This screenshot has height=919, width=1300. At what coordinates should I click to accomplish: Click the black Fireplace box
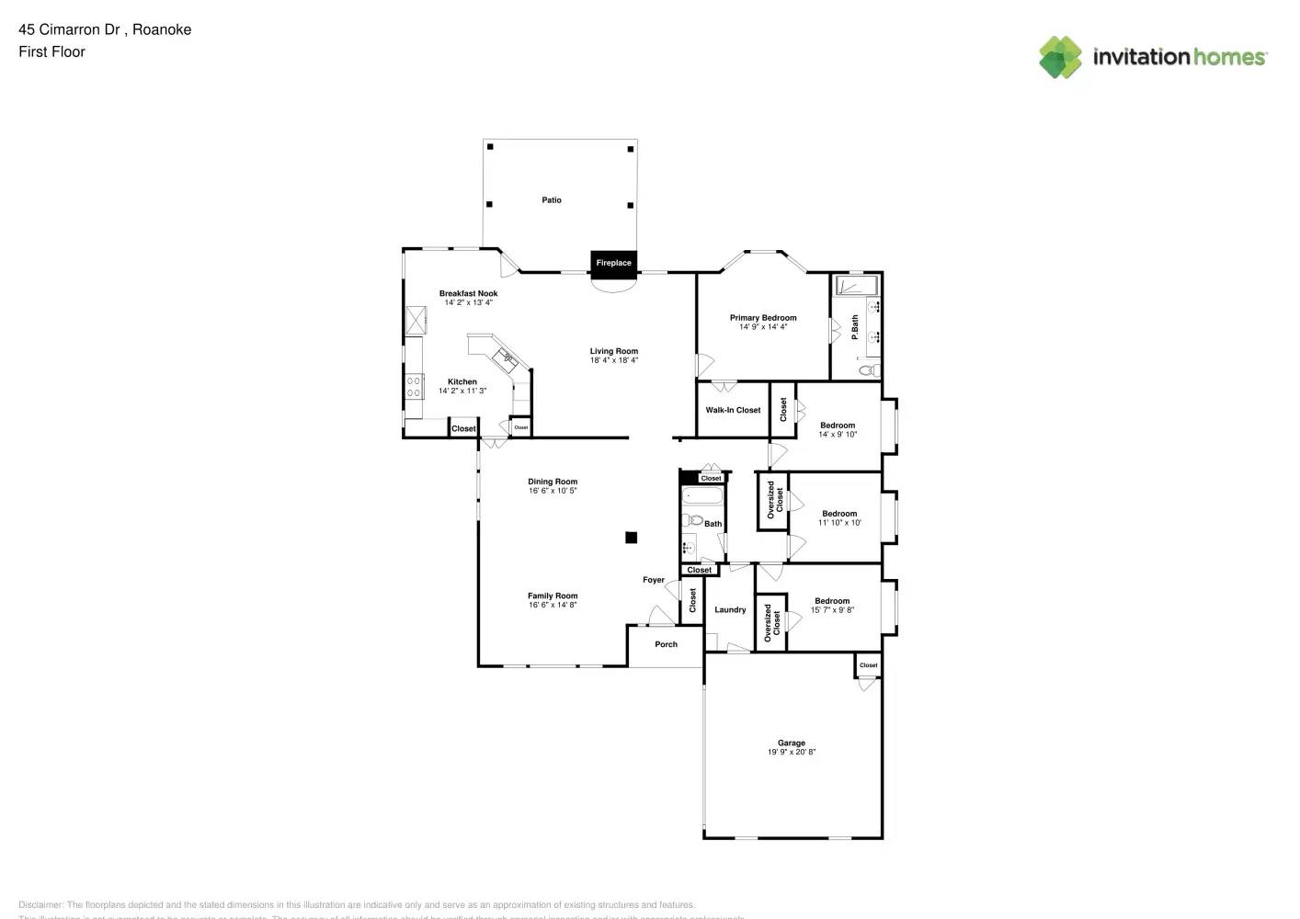pyautogui.click(x=613, y=263)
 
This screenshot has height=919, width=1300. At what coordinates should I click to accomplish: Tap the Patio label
pyautogui.click(x=552, y=199)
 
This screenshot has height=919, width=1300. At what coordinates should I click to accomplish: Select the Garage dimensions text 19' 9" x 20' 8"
pyautogui.click(x=792, y=752)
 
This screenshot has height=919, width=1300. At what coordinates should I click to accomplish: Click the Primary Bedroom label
pyautogui.click(x=763, y=318)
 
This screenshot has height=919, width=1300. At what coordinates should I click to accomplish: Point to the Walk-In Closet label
pyautogui.click(x=733, y=410)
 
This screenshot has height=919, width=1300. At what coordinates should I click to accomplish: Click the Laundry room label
pyautogui.click(x=730, y=609)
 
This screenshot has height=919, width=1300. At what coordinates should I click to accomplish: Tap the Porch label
pyautogui.click(x=666, y=644)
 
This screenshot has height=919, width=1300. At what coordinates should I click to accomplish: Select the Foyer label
pyautogui.click(x=654, y=580)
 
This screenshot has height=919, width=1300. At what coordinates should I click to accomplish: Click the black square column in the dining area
pyautogui.click(x=631, y=538)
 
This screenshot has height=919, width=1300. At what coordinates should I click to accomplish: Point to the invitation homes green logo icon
pyautogui.click(x=1060, y=57)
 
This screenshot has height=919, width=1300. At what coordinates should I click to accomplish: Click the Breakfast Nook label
pyautogui.click(x=468, y=293)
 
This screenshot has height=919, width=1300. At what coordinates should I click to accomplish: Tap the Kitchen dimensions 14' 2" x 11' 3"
pyautogui.click(x=462, y=391)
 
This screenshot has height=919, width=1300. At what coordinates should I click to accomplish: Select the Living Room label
pyautogui.click(x=614, y=351)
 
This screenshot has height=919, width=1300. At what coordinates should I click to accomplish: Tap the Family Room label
pyautogui.click(x=553, y=596)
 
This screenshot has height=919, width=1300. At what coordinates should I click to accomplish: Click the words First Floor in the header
pyautogui.click(x=51, y=51)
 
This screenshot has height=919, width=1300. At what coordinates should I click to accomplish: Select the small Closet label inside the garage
pyautogui.click(x=868, y=664)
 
